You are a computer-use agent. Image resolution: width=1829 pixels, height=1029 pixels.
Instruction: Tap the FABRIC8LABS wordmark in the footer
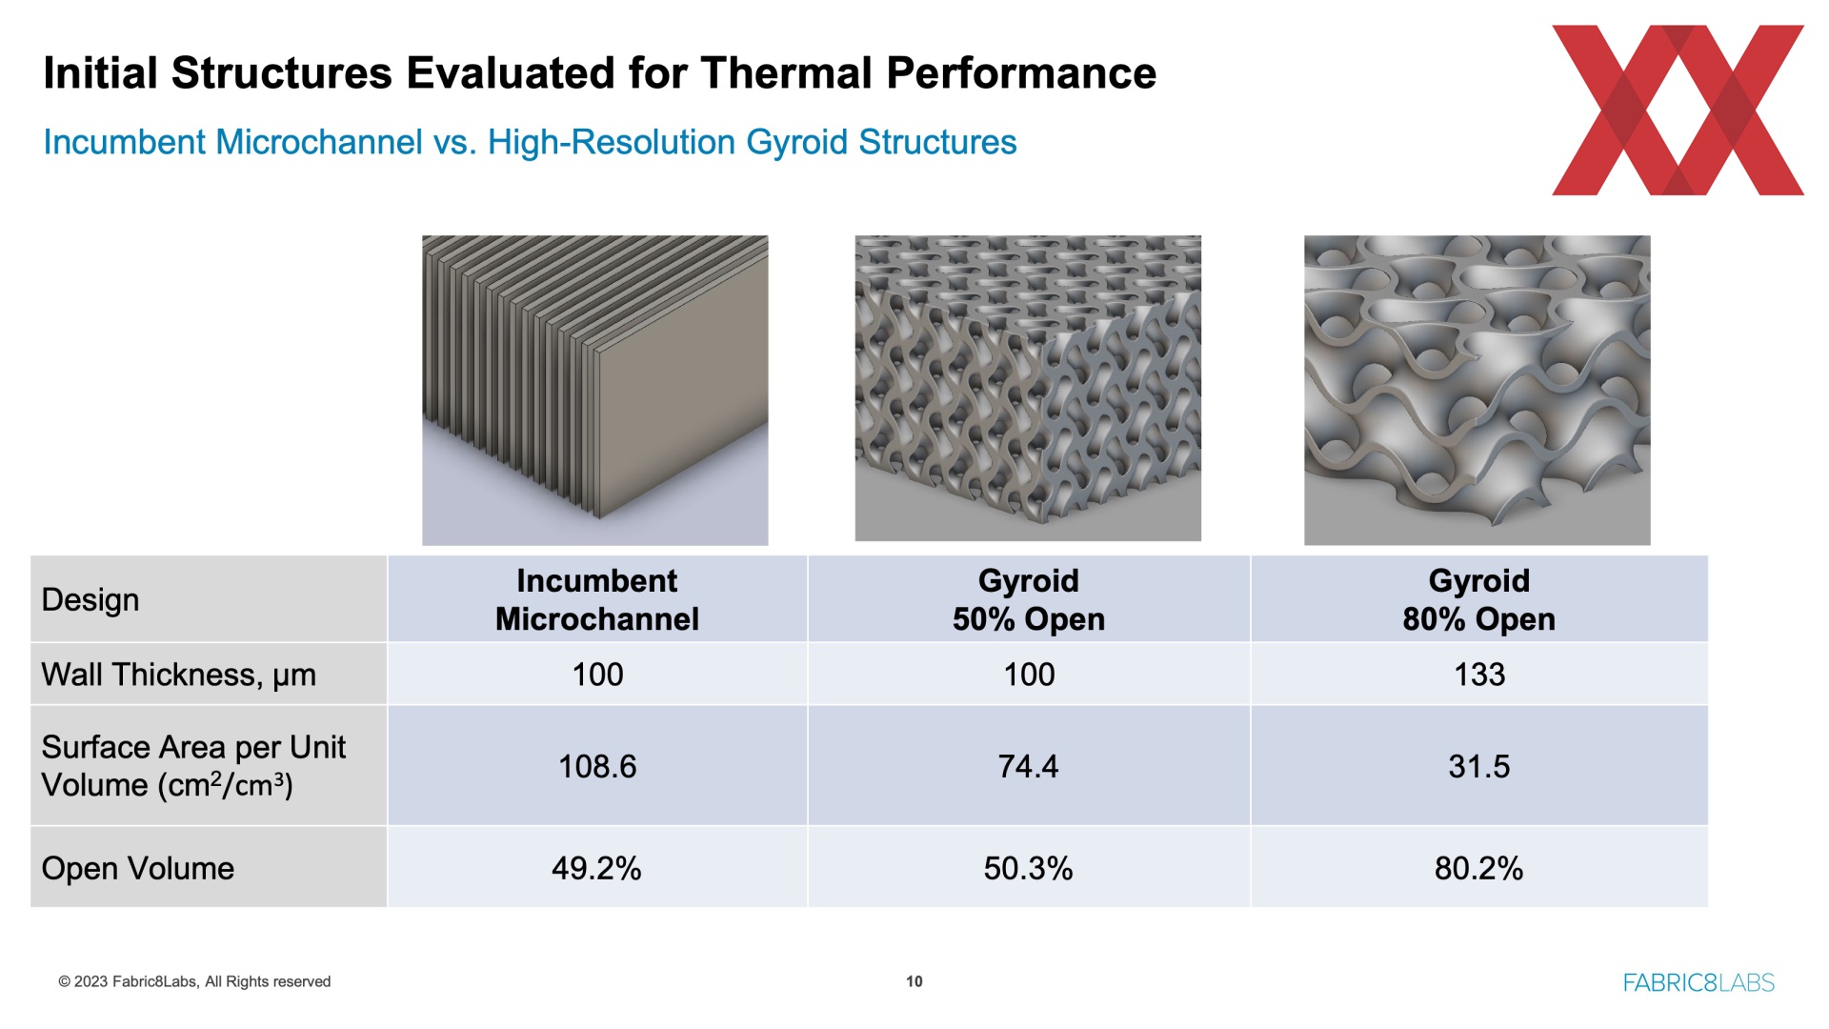pos(1698,982)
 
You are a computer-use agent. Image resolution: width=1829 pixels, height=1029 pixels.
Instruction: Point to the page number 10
pos(914,981)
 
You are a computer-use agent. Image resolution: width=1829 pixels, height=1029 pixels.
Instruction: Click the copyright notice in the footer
pos(194,981)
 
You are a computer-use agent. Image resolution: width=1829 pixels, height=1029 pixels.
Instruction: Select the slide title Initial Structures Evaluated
pos(600,73)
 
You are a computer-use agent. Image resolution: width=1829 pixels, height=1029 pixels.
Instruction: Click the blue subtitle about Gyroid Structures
pos(531,142)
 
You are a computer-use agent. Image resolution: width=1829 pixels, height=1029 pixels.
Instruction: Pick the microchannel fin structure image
pos(595,390)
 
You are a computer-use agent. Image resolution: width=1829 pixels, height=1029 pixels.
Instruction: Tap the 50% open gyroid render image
pos(1028,388)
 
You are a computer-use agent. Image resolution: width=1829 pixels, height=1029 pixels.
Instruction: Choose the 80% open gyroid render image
pos(1477,390)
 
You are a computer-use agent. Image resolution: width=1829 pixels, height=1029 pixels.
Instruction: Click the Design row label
pos(90,600)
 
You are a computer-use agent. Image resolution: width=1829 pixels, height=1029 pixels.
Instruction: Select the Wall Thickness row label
pos(179,675)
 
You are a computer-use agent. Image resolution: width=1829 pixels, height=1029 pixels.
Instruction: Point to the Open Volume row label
pos(138,868)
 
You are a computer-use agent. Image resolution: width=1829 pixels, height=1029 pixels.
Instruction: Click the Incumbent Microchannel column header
pos(597,600)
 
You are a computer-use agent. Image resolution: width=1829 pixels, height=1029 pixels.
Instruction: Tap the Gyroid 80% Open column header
pos(1479,600)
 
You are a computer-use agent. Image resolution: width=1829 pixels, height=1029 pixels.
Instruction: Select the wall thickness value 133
pos(1479,675)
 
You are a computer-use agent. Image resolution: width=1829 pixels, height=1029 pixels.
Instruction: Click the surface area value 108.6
pos(597,766)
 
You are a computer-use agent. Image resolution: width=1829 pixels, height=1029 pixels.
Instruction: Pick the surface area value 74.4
pos(1029,766)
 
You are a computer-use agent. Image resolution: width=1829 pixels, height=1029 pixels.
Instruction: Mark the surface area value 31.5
pos(1479,766)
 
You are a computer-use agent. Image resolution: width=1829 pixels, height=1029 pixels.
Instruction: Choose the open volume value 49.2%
pos(597,868)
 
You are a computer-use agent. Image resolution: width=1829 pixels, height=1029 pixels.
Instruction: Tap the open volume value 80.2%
pos(1479,868)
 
